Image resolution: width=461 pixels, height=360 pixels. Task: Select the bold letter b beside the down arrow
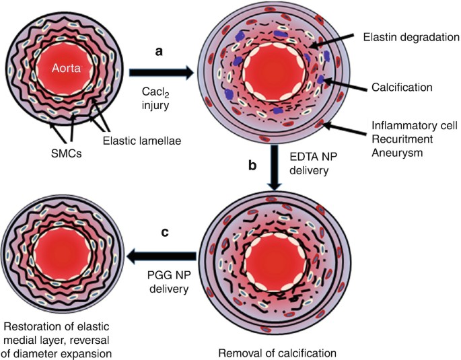253,164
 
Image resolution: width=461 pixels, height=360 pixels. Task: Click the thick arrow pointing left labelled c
164,255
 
